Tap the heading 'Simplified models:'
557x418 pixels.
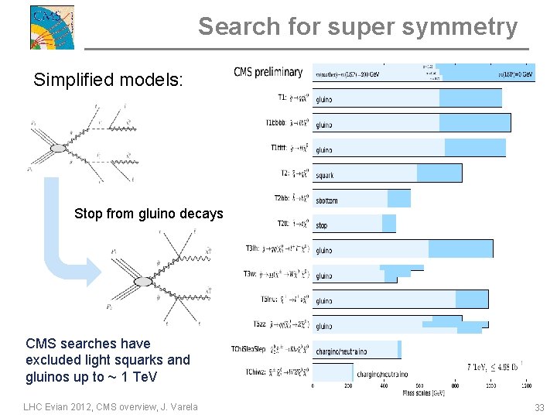[108, 79]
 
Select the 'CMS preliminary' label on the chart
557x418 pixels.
[268, 73]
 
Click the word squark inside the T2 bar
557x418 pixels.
[325, 175]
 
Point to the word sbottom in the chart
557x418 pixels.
[326, 200]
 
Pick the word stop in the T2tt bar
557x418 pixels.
[322, 225]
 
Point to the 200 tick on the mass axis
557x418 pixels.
[348, 385]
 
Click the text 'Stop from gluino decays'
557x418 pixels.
[149, 214]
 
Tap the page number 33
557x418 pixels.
[538, 407]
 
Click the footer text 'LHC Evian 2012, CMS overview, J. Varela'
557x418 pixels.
[111, 407]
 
